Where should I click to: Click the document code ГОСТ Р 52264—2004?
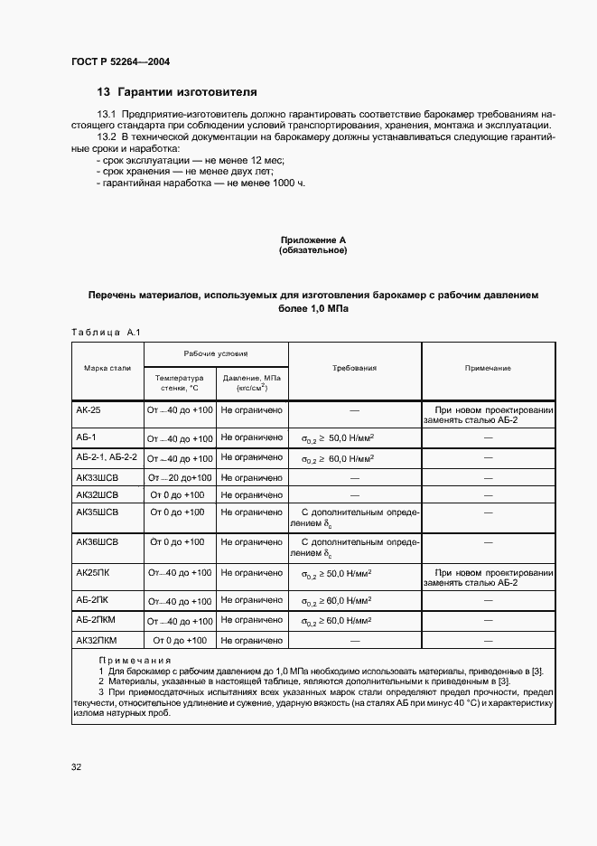click(x=121, y=61)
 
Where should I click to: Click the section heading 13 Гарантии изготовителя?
click(x=177, y=92)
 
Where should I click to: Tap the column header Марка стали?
click(x=107, y=369)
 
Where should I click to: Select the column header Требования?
click(x=354, y=369)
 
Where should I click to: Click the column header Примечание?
click(x=488, y=369)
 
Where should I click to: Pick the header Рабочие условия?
click(x=216, y=353)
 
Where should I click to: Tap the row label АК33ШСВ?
click(x=98, y=476)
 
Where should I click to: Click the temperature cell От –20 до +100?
click(x=179, y=477)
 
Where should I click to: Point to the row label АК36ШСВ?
click(x=98, y=541)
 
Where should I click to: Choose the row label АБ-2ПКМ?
click(x=97, y=620)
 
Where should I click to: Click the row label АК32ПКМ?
click(x=98, y=640)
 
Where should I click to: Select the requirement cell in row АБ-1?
click(x=337, y=438)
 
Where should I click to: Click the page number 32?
click(x=77, y=767)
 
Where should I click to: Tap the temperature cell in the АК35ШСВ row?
click(x=179, y=512)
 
